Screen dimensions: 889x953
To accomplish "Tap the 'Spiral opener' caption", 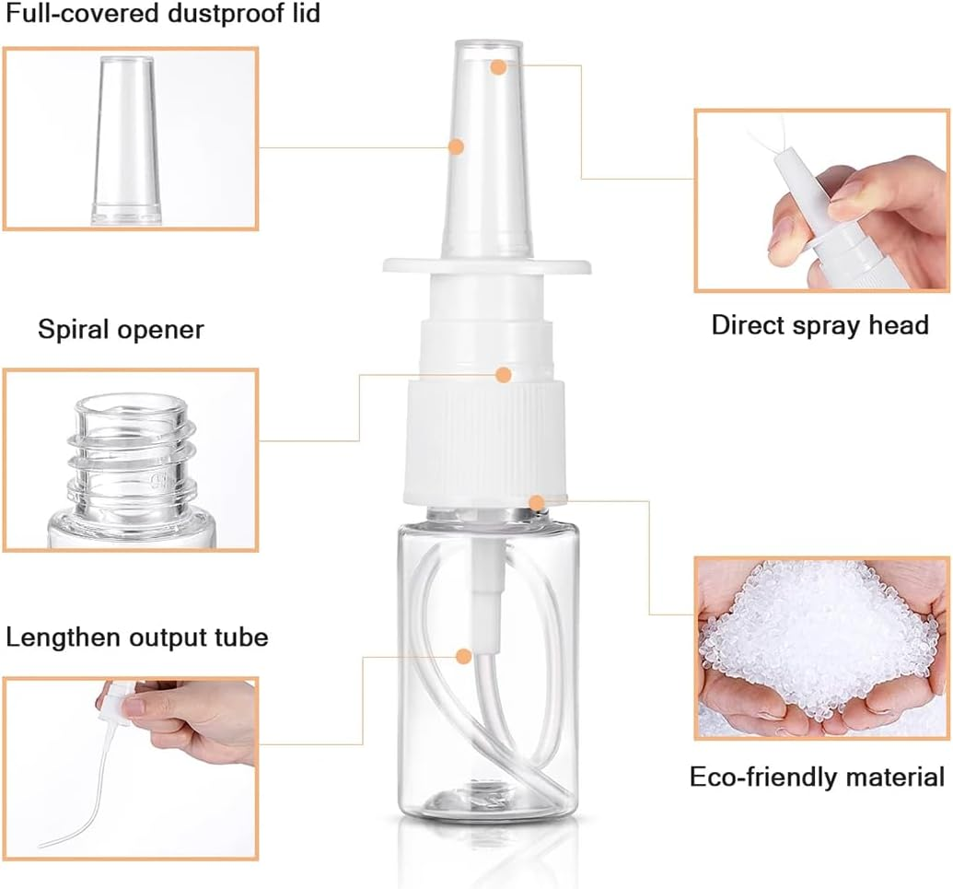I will (121, 329).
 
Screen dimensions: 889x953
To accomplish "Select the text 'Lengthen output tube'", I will (137, 637).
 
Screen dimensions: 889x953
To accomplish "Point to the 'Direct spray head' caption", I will (819, 324).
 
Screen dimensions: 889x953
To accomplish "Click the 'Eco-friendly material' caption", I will (817, 777).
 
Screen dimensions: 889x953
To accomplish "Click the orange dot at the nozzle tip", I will (498, 66).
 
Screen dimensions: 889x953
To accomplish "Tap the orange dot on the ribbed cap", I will (503, 374).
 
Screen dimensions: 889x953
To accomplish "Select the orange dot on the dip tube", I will (464, 656).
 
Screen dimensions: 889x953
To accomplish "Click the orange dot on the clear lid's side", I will (455, 146).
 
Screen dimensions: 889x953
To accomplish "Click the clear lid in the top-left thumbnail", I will (129, 138).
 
